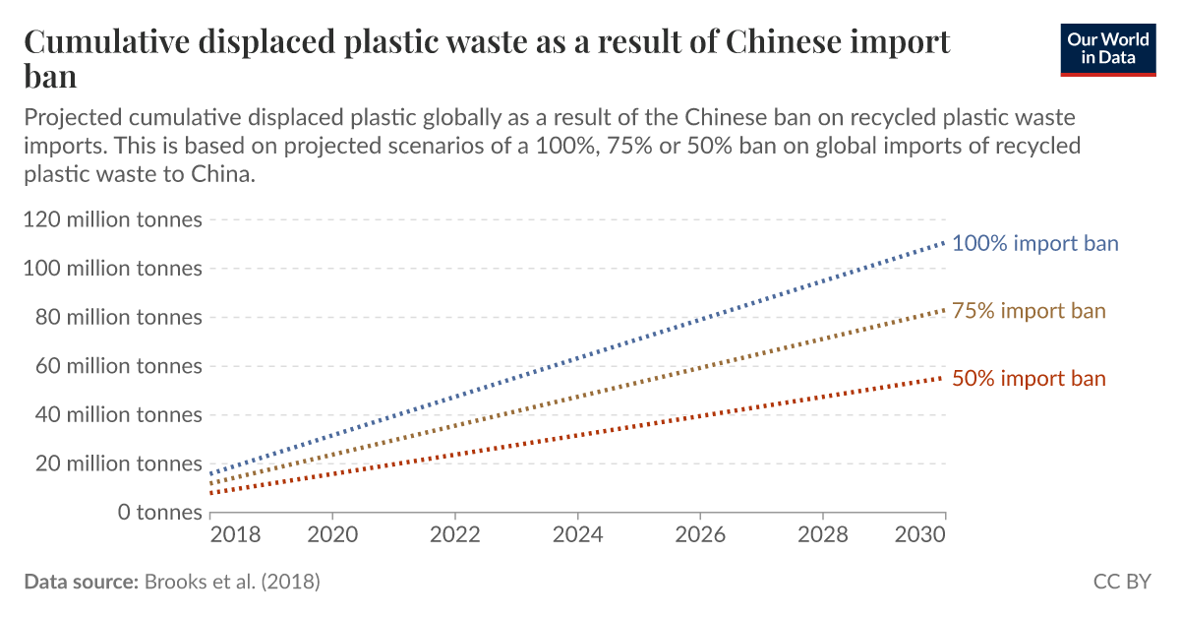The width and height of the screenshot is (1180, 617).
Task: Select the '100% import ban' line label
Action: [x=1034, y=243]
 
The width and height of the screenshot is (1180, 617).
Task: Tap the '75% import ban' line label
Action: [x=1029, y=311]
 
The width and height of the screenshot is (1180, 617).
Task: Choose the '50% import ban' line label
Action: [x=1029, y=379]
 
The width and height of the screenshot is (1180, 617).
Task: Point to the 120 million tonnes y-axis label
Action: [x=112, y=219]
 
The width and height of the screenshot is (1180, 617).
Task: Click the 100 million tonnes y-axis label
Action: [x=112, y=269]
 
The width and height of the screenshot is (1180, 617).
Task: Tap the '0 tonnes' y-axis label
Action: [x=160, y=513]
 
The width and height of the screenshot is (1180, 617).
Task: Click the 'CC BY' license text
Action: [x=1122, y=582]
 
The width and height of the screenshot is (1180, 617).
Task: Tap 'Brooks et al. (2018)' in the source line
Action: [x=232, y=582]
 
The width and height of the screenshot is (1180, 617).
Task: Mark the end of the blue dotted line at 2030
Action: [x=945, y=241]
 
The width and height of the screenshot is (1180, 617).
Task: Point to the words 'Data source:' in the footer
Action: [x=81, y=582]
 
